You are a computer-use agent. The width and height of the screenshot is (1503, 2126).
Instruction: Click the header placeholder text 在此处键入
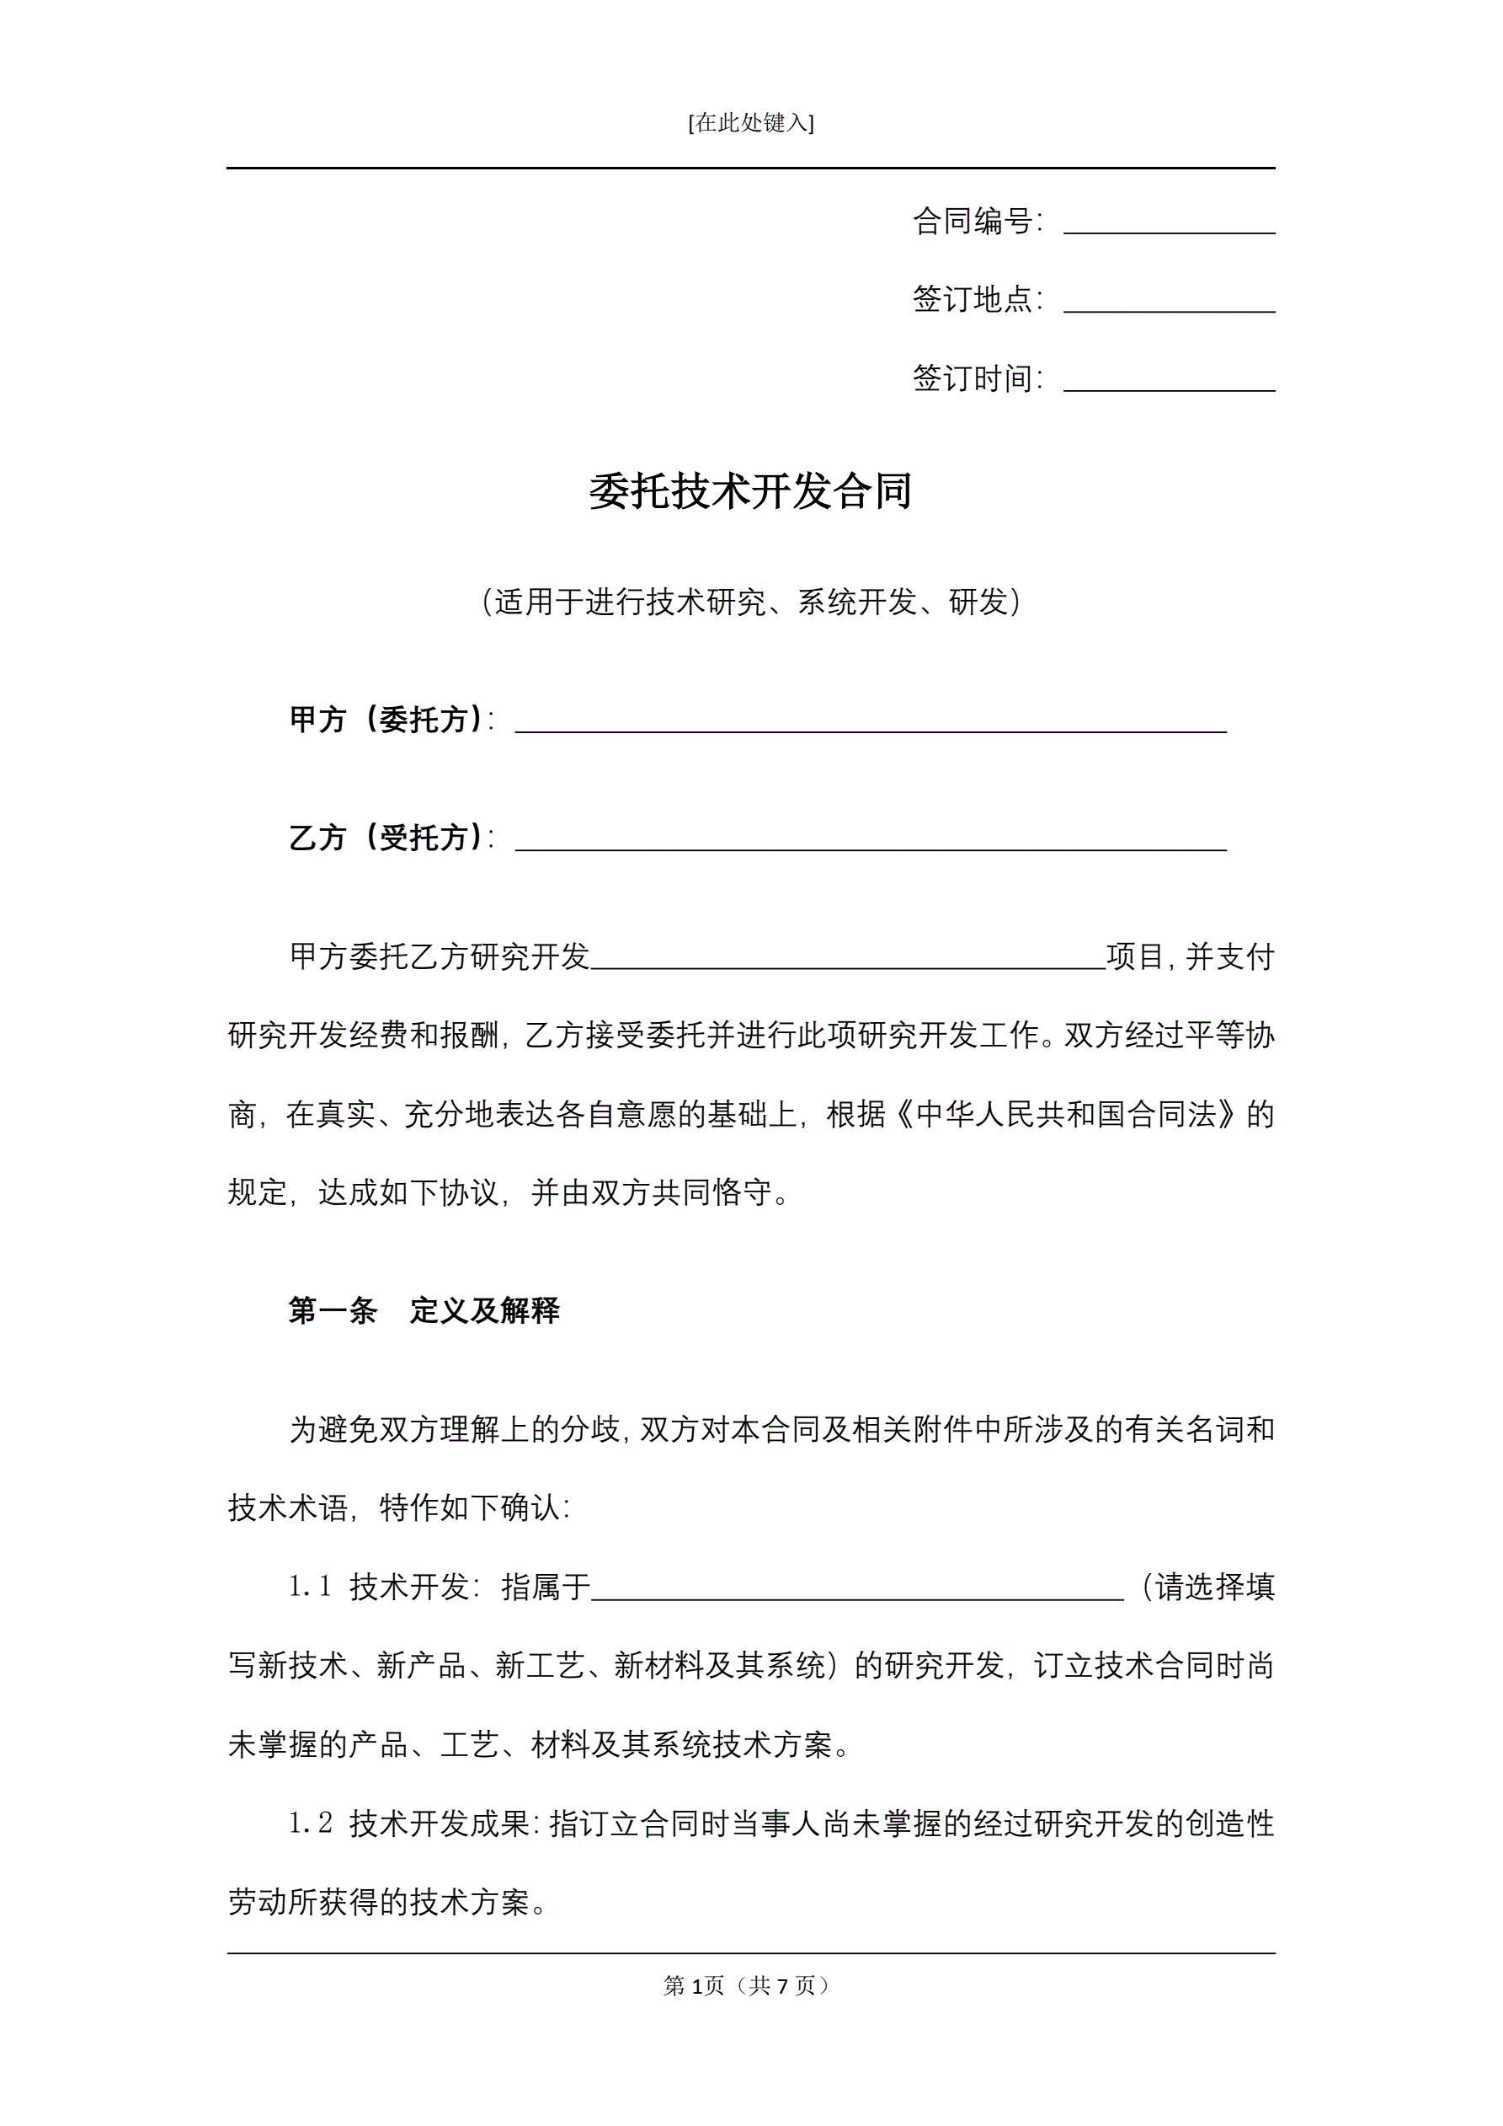tap(750, 123)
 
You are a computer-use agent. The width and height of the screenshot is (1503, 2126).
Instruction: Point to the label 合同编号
tap(975, 222)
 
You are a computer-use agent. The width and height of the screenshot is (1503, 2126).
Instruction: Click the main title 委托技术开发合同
tap(750, 490)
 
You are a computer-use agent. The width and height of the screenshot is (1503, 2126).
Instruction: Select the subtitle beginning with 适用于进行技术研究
tap(750, 602)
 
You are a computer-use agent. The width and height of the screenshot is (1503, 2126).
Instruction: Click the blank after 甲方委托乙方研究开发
tap(848, 959)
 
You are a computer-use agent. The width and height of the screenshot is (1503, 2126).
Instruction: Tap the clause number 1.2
tap(310, 1824)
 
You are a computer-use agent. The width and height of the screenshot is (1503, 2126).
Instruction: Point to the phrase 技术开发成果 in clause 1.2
tap(439, 1824)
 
